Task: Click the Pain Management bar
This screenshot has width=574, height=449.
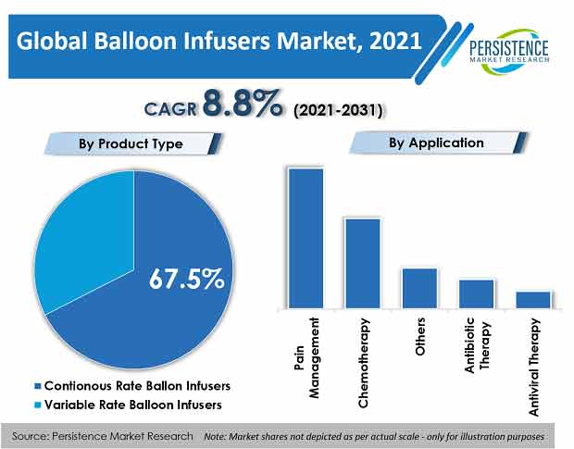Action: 306,238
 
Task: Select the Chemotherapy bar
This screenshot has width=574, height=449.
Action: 363,264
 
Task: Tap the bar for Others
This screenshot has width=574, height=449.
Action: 420,288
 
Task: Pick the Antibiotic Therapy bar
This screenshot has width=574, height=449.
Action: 477,293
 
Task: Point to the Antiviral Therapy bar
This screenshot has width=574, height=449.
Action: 533,300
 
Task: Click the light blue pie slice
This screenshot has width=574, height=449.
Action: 86,238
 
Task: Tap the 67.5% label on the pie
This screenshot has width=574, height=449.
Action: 187,279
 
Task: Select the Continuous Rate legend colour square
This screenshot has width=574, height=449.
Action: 37,386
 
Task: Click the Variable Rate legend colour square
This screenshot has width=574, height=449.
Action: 37,405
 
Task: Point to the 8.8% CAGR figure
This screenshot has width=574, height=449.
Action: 243,104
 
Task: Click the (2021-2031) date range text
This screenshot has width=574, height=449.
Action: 338,110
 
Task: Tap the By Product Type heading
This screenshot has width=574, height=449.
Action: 131,143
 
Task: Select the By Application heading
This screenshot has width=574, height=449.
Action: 436,143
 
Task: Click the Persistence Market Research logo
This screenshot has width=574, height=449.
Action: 509,50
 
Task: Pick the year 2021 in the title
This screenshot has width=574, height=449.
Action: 395,41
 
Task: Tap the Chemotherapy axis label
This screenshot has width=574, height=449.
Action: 363,363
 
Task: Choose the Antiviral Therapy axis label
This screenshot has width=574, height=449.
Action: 534,368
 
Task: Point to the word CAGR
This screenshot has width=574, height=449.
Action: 170,109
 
